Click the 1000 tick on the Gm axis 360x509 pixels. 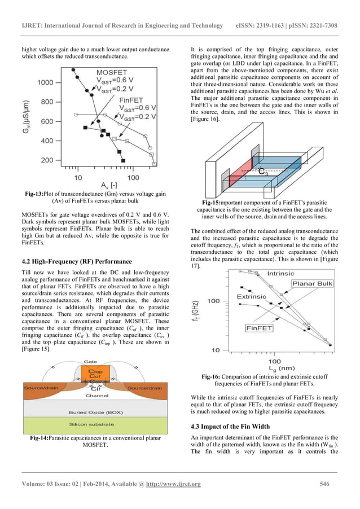[46, 82]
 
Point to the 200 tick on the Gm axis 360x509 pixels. [47, 160]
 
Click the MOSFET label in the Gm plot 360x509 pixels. [111, 73]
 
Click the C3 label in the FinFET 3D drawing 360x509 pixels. [263, 172]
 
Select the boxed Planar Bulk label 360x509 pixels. [312, 283]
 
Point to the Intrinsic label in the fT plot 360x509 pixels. [280, 274]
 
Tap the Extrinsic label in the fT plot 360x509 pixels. [252, 296]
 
